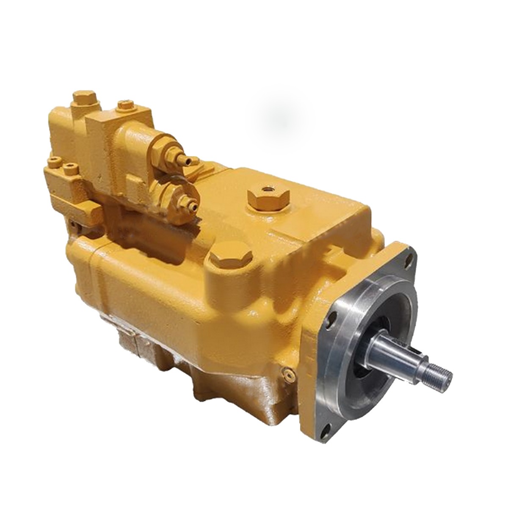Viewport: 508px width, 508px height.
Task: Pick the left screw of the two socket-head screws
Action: (54, 161)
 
